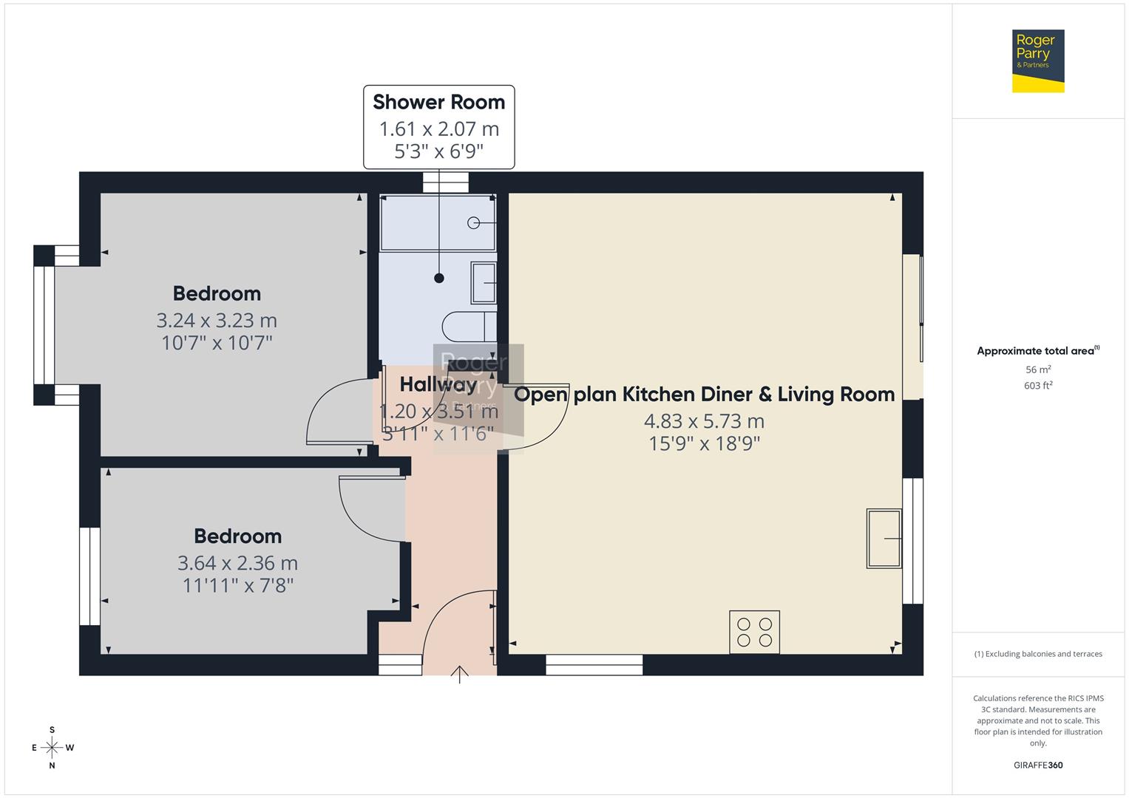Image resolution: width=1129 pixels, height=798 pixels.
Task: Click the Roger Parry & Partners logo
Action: pyautogui.click(x=1037, y=61)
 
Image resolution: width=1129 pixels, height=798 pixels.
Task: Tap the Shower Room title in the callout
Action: pyautogui.click(x=438, y=102)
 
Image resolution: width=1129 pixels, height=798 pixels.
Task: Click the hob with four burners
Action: pyautogui.click(x=754, y=632)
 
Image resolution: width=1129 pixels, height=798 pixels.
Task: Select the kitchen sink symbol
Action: pyautogui.click(x=884, y=539)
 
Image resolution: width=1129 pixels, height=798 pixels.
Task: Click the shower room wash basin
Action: pyautogui.click(x=484, y=283)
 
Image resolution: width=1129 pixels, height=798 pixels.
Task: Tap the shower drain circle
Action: pyautogui.click(x=473, y=223)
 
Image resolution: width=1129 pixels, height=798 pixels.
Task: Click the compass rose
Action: pyautogui.click(x=52, y=748)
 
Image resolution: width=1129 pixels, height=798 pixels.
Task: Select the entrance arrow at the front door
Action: pyautogui.click(x=459, y=674)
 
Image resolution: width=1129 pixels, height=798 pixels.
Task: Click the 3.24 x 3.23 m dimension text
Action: pyautogui.click(x=217, y=321)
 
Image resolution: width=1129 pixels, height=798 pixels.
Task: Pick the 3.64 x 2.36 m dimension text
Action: pyautogui.click(x=237, y=563)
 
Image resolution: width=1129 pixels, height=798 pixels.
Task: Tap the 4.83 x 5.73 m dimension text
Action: pyautogui.click(x=704, y=421)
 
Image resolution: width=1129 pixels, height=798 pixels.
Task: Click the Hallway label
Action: pyautogui.click(x=438, y=384)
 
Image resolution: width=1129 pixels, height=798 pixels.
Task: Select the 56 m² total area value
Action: pyautogui.click(x=1038, y=369)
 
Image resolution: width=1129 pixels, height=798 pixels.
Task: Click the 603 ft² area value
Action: pyautogui.click(x=1038, y=386)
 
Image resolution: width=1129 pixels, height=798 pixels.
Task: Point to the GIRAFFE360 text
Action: pyautogui.click(x=1038, y=765)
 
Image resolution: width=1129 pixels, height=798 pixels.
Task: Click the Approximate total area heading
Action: pyautogui.click(x=1037, y=351)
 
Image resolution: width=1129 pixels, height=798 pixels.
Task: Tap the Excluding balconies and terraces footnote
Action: pyautogui.click(x=1038, y=654)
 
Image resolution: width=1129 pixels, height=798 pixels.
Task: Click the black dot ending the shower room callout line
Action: pyautogui.click(x=439, y=279)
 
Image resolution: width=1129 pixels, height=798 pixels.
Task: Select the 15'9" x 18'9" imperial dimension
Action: pyautogui.click(x=704, y=443)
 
